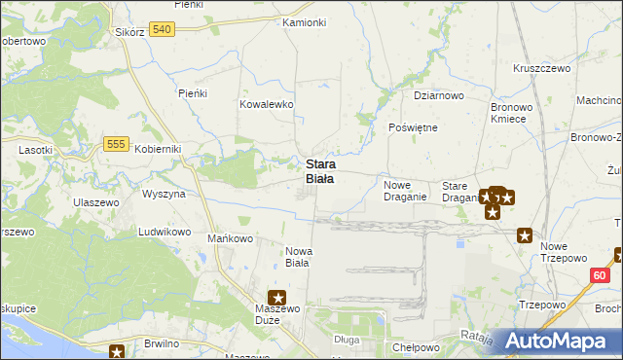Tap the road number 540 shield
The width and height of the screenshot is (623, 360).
[163, 30]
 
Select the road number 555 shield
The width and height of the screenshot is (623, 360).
[116, 144]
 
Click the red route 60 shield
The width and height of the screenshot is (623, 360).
[599, 276]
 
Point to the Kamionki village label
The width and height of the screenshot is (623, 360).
[303, 22]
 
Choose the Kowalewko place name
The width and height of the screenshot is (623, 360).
[267, 103]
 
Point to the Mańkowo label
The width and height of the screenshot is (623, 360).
[231, 238]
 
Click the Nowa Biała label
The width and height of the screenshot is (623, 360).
[298, 256]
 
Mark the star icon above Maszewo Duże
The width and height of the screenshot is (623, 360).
[277, 299]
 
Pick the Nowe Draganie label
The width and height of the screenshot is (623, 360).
[405, 191]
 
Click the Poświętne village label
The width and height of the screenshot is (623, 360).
[414, 127]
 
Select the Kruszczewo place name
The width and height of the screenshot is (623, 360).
[541, 69]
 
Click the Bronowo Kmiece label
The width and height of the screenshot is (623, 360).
[509, 111]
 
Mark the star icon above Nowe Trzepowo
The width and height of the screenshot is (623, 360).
[525, 234]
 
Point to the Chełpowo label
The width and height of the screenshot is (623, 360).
[417, 347]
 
